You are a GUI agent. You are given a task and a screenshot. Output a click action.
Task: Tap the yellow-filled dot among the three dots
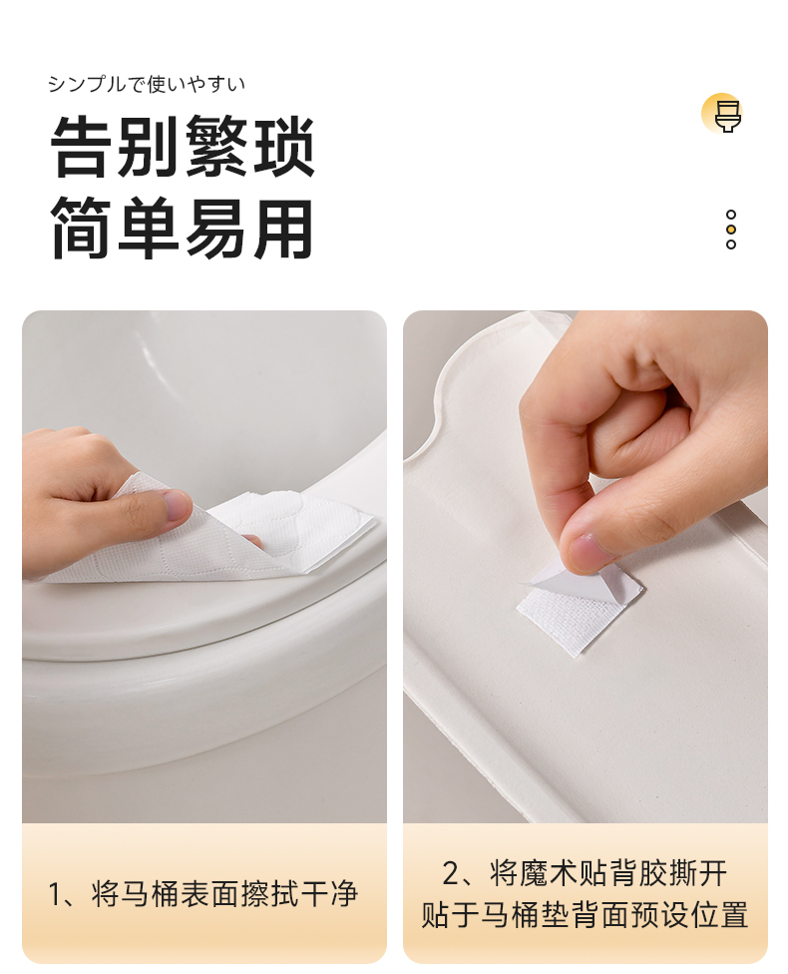[x=731, y=230]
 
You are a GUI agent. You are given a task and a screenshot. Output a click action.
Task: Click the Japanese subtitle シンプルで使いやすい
[x=147, y=84]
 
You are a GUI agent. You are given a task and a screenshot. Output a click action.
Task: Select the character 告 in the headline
[x=83, y=148]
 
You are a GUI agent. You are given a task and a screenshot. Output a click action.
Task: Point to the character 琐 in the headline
[x=282, y=148]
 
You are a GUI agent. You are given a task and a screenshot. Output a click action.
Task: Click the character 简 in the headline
[x=83, y=228]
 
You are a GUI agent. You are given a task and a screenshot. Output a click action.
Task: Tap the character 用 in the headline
[x=282, y=228]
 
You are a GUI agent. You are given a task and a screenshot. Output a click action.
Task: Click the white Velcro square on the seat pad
[x=580, y=608]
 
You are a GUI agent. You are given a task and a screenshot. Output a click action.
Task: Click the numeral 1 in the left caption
[x=55, y=895]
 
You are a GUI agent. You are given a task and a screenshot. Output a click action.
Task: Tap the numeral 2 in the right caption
[x=451, y=873]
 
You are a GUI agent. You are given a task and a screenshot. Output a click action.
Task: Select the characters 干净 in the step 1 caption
[x=328, y=894]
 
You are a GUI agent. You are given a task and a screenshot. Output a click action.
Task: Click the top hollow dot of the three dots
[x=731, y=215]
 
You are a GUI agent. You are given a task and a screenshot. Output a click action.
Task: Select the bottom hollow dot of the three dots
[x=731, y=244]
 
